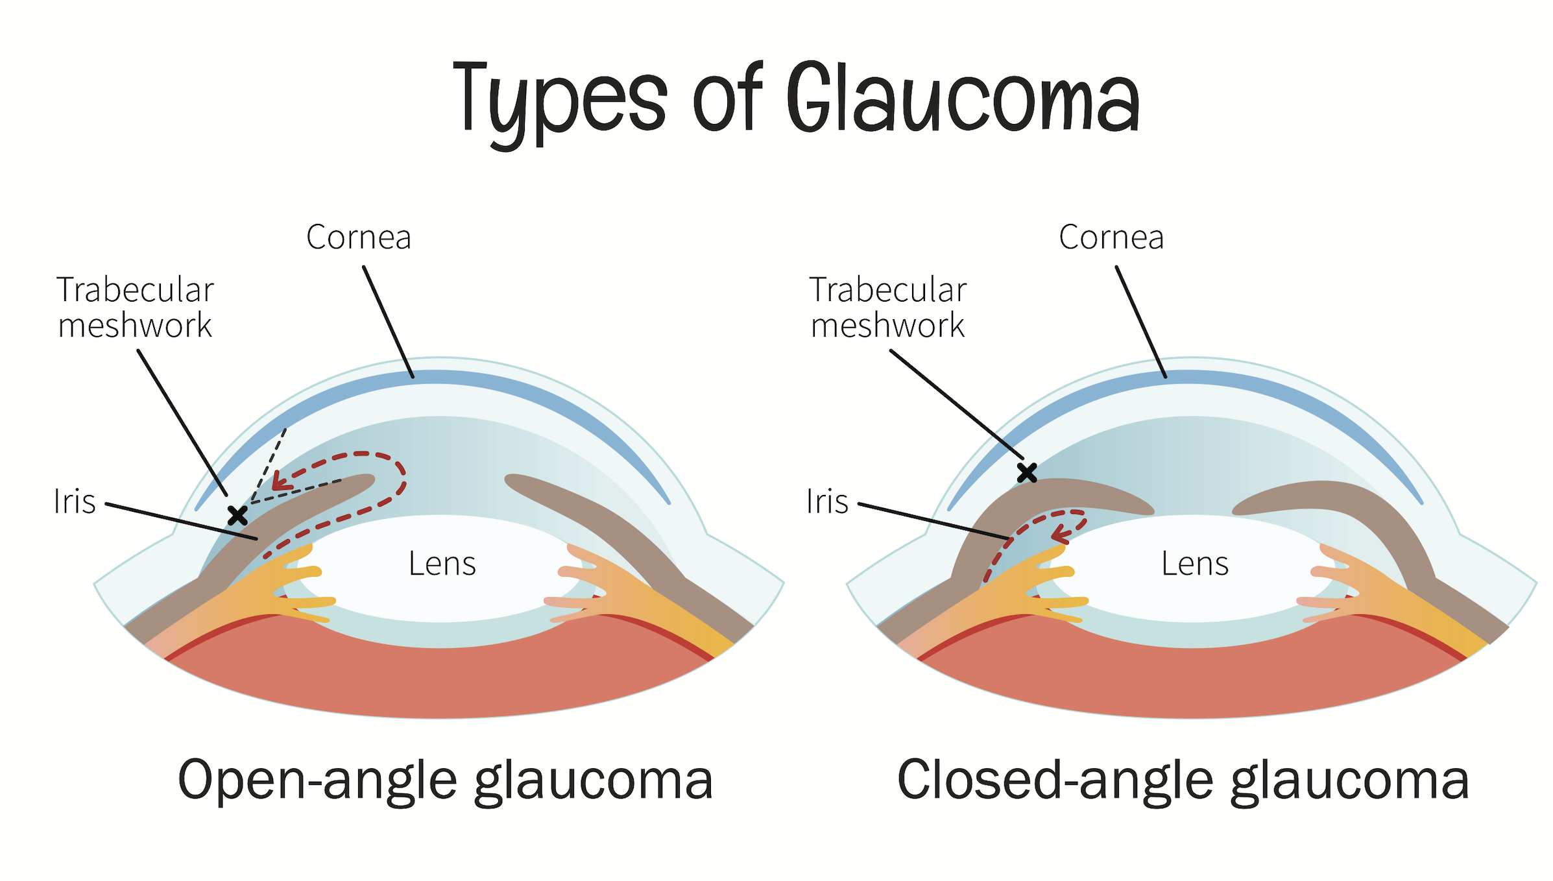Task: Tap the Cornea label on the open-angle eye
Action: [358, 237]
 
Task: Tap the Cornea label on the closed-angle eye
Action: [1111, 237]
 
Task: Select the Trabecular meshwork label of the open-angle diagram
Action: [135, 308]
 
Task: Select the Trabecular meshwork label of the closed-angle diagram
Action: [887, 308]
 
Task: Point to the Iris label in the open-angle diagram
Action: [75, 501]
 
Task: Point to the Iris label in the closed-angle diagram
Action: [827, 501]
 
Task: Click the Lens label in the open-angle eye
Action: [442, 564]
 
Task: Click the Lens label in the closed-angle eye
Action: [1194, 564]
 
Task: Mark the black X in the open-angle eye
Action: [237, 516]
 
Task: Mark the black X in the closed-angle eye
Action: [1026, 473]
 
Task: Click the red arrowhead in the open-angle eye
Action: [280, 481]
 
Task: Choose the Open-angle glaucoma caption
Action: [445, 780]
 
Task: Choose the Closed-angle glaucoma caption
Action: [1182, 780]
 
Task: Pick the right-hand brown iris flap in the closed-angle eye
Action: [1362, 506]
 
